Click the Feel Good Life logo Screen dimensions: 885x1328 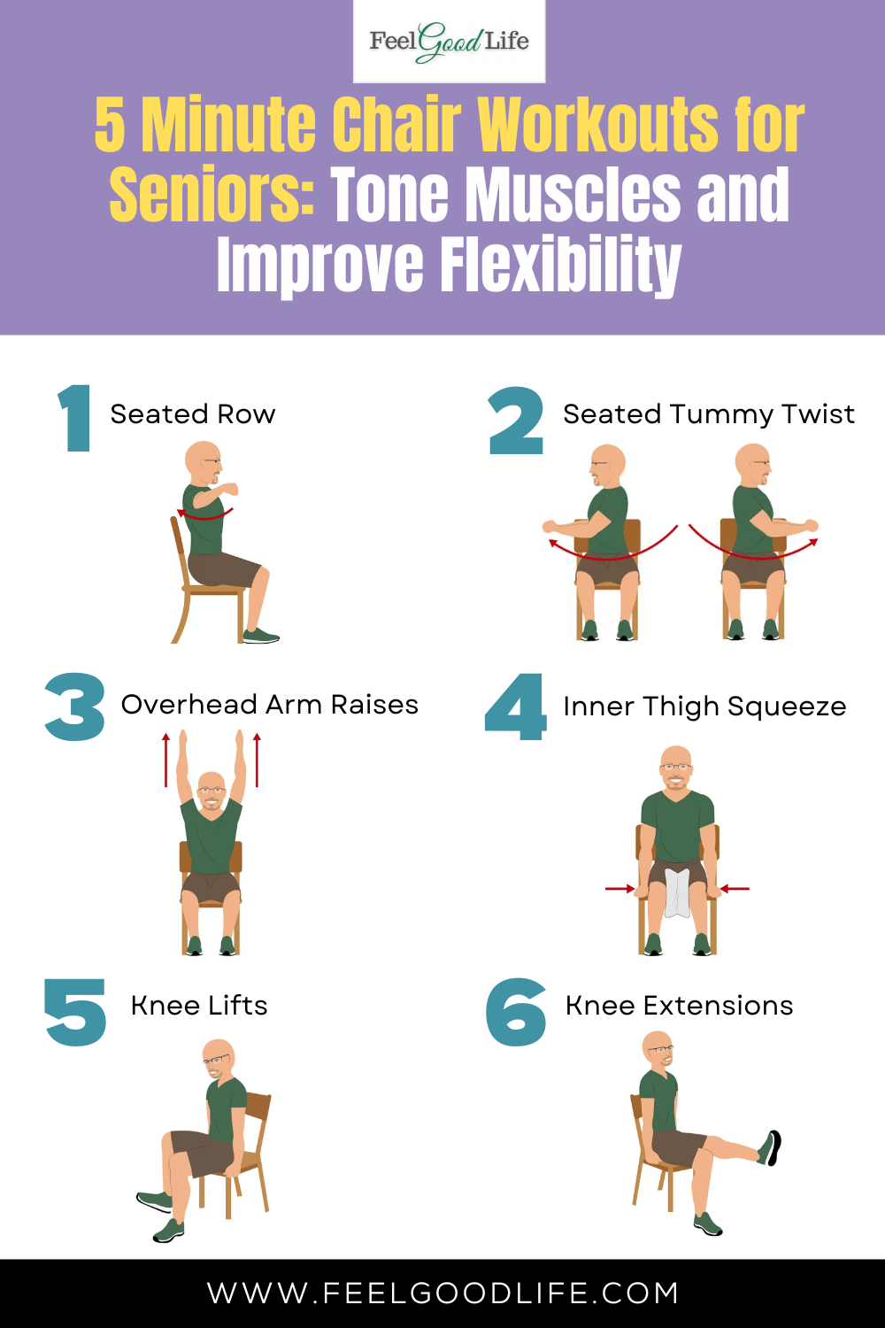coord(449,42)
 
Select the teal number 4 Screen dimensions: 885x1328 coord(516,706)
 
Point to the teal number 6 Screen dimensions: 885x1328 coord(516,1012)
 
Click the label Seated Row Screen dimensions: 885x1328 coord(193,414)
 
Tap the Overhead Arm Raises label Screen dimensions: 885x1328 coord(270,705)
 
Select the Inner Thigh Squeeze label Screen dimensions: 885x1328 coord(704,706)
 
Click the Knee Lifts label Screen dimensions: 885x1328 coord(199,1006)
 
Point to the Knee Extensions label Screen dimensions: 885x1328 coord(680,1006)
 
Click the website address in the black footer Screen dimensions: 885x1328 coord(442,1293)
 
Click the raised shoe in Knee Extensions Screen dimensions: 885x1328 coord(771,1147)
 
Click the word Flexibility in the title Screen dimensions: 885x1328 coord(561,265)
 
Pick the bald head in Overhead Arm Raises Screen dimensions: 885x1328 coord(211,790)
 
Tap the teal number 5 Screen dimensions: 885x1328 coord(75,1012)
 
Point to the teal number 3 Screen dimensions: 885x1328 coord(74,706)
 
